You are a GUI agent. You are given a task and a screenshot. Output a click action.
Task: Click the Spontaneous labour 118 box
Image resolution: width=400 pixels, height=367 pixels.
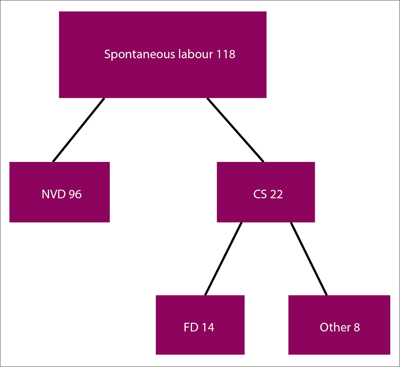(x=163, y=54)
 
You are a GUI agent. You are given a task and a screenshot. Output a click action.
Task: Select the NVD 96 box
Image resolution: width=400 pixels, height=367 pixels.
(x=60, y=192)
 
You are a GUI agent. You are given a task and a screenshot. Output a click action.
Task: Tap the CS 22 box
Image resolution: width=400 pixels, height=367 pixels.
(x=266, y=192)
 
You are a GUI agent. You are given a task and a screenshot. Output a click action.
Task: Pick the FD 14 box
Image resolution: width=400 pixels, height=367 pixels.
(x=200, y=325)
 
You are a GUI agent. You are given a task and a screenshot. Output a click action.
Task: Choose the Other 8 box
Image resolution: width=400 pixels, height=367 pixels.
(x=339, y=325)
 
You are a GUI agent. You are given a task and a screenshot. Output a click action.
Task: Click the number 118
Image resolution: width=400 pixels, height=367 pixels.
(x=226, y=54)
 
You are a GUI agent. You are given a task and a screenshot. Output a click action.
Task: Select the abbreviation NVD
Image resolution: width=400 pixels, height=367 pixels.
(x=53, y=194)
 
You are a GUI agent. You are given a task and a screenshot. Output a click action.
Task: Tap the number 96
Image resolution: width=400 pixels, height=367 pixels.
(x=75, y=194)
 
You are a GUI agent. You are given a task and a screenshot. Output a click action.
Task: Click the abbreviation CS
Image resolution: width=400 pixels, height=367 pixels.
(x=260, y=194)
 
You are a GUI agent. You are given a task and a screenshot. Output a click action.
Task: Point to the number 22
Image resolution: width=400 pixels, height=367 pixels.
(x=276, y=194)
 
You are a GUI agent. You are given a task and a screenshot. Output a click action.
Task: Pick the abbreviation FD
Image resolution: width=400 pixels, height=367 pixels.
(x=191, y=327)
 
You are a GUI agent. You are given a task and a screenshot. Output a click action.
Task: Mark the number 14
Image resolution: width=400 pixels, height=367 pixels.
(x=208, y=327)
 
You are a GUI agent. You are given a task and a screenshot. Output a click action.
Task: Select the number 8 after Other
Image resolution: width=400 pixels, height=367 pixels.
(x=357, y=327)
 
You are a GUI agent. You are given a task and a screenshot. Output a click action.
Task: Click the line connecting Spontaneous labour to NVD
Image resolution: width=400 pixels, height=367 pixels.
(x=78, y=130)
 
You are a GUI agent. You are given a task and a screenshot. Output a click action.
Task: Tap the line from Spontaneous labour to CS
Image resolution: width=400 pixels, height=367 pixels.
(x=235, y=130)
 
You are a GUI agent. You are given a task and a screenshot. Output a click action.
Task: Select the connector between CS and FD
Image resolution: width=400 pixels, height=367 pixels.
(x=223, y=259)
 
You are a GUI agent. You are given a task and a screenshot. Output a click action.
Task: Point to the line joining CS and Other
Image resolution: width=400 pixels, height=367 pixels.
(x=309, y=259)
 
